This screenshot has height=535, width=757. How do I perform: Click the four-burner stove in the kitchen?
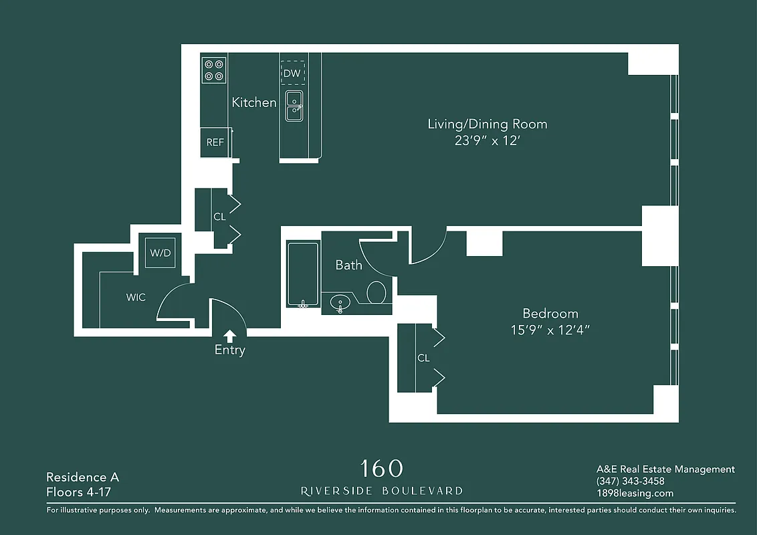tap(214, 70)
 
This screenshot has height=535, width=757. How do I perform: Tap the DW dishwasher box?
tap(292, 73)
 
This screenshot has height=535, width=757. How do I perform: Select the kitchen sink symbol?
tap(294, 106)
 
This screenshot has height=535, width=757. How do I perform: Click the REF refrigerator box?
tap(215, 142)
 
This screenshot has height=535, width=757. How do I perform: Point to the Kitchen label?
tap(253, 102)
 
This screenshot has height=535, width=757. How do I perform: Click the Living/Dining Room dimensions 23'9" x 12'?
tap(487, 142)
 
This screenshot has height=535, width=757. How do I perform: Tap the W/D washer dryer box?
tap(160, 253)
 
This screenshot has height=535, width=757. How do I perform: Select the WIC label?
tap(136, 297)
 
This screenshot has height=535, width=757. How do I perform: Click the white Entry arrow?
tap(229, 335)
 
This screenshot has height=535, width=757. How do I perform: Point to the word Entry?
tap(229, 350)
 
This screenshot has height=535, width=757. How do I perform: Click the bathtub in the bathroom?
tap(303, 275)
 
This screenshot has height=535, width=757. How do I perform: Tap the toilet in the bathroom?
tap(376, 292)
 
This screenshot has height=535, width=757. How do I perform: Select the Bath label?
tap(348, 265)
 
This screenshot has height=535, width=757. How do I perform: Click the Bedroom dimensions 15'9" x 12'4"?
tap(550, 330)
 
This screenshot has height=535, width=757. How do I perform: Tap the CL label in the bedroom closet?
tap(423, 358)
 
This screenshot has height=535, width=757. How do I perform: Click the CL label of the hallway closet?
tap(219, 217)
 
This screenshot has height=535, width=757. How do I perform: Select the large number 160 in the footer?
tap(382, 468)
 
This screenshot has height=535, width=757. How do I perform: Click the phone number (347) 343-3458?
tap(630, 481)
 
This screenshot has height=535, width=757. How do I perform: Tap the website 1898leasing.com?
tap(635, 494)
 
